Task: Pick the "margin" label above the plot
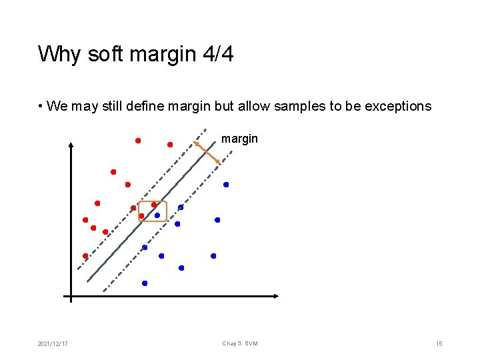[x=239, y=139]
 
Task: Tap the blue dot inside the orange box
[x=157, y=215]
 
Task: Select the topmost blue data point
[x=226, y=185]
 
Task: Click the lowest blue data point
[x=145, y=283]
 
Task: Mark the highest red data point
[x=138, y=141]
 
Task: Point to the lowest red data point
[x=85, y=256]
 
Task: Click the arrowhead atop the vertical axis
[x=71, y=146]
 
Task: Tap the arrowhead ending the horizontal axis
[x=275, y=295]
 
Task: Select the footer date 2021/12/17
[x=53, y=344]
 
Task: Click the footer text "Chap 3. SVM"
[x=240, y=344]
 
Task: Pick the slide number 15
[x=439, y=344]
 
